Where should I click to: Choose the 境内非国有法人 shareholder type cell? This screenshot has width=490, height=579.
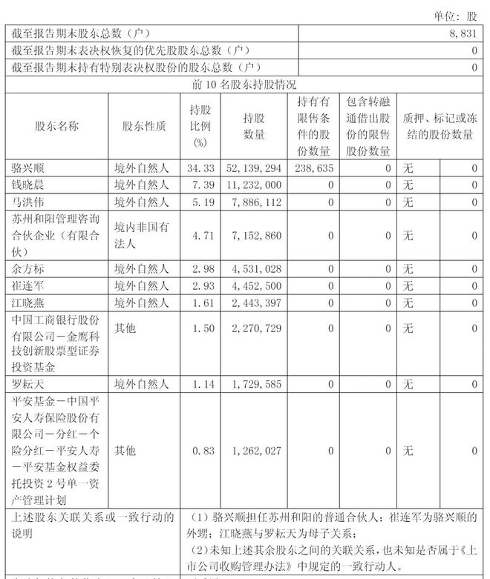pos(141,236)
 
